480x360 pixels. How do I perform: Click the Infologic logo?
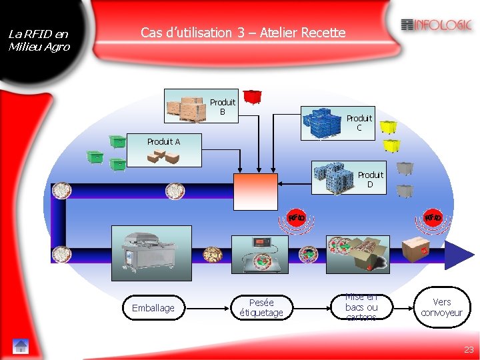437,25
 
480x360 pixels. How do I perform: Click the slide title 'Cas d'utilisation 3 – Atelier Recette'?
243,32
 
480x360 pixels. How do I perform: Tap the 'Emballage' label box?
153,308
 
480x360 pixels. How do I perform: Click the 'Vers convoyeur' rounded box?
441,307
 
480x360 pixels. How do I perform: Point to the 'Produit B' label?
223,107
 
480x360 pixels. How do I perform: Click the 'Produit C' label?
359,123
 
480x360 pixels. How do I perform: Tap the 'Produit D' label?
370,179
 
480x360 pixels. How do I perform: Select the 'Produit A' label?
163,141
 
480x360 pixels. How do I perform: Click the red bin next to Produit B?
252,97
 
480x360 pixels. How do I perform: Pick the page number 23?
469,349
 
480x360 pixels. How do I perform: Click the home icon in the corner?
21,346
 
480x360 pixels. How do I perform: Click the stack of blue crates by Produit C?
323,123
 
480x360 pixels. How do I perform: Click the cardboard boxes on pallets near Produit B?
187,109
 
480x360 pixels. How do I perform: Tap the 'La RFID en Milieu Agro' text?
38,40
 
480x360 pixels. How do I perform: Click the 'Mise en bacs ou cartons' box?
362,307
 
